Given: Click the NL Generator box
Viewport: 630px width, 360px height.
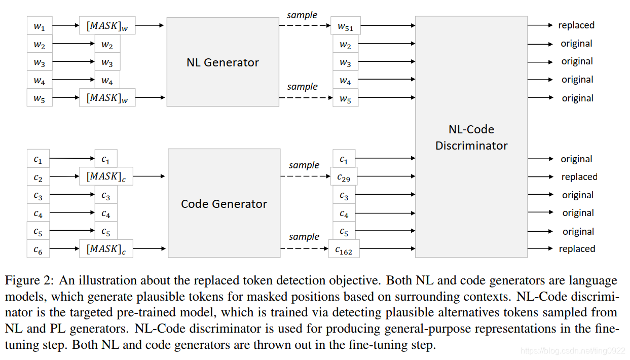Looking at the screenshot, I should pyautogui.click(x=223, y=62).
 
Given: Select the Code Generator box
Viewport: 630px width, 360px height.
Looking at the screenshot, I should pyautogui.click(x=224, y=203).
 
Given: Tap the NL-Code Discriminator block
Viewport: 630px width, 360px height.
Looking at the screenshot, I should pyautogui.click(x=471, y=137).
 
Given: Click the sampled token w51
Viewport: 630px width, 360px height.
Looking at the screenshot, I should pyautogui.click(x=345, y=25).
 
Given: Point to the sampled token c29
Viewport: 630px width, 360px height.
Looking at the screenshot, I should pyautogui.click(x=344, y=177).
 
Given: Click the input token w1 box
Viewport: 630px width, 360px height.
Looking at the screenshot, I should pyautogui.click(x=39, y=25).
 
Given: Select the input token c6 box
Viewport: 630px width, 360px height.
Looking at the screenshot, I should pyautogui.click(x=39, y=249).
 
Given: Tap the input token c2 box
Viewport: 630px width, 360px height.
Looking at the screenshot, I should pyautogui.click(x=39, y=177).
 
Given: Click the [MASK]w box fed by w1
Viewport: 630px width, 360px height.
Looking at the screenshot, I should pyautogui.click(x=107, y=25).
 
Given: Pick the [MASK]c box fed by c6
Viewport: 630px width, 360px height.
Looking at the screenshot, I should pyautogui.click(x=106, y=249).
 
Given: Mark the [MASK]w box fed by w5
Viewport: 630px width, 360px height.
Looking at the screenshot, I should pyautogui.click(x=107, y=97).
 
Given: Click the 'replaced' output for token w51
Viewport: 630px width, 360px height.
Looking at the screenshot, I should pyautogui.click(x=576, y=25).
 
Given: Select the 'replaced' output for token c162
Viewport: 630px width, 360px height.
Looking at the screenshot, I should pyautogui.click(x=577, y=249).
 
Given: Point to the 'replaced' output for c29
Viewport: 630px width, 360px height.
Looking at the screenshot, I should pyautogui.click(x=579, y=177).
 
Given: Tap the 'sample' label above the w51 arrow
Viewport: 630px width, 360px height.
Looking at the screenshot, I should pyautogui.click(x=302, y=15).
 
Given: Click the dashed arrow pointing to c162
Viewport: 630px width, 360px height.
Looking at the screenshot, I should pyautogui.click(x=304, y=248).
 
